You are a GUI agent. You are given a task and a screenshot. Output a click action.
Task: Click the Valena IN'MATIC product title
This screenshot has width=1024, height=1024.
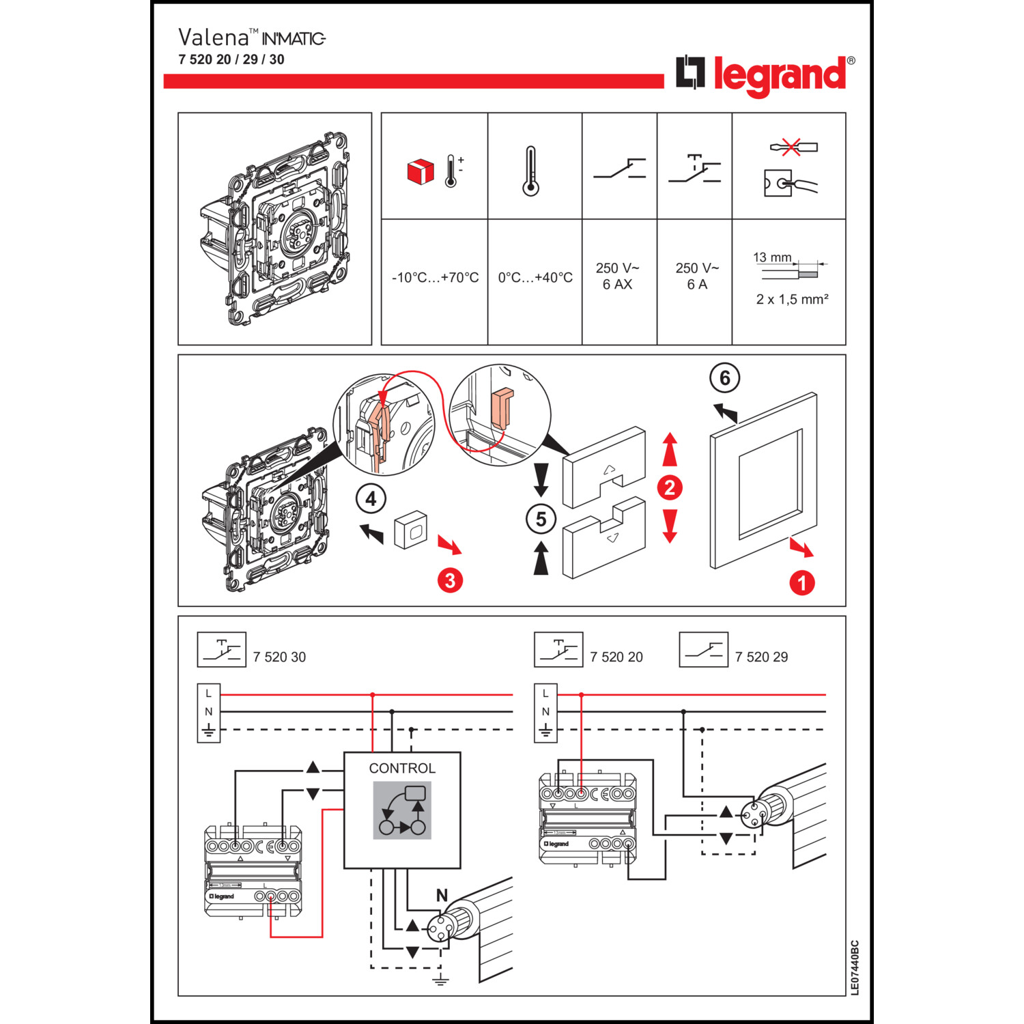[252, 38]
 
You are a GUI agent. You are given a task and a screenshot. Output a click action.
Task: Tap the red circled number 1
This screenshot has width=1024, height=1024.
[802, 582]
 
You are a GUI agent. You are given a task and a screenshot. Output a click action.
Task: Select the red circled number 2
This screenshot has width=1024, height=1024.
[670, 487]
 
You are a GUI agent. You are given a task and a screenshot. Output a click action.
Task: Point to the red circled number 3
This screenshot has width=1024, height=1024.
[450, 580]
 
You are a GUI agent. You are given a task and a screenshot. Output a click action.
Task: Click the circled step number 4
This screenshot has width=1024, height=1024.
[371, 499]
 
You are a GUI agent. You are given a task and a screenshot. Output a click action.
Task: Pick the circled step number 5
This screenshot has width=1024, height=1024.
[541, 520]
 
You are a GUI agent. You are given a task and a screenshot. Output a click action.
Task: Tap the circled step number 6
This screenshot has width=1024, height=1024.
[725, 378]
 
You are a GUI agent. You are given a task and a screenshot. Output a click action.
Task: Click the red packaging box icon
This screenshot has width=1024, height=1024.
[421, 171]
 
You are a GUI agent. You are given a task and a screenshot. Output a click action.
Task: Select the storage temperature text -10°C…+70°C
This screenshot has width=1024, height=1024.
[435, 278]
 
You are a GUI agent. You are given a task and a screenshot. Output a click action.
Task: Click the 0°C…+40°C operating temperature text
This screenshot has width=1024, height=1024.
[535, 278]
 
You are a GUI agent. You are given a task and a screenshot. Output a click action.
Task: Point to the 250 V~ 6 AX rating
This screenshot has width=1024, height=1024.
[617, 276]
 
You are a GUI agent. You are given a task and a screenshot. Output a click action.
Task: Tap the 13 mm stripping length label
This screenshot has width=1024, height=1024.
[772, 257]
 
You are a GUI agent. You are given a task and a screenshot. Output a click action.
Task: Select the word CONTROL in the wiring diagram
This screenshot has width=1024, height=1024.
[402, 768]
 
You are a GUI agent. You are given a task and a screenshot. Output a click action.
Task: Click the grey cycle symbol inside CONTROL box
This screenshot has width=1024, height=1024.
[402, 810]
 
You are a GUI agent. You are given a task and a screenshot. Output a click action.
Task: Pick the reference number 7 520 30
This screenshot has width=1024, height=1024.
[279, 657]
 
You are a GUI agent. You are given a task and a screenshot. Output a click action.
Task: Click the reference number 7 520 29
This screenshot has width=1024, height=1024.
[761, 657]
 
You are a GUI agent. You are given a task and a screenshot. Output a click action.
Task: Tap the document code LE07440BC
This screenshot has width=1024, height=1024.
[855, 967]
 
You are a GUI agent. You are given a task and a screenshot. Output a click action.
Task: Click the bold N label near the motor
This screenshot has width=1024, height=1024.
[442, 895]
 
